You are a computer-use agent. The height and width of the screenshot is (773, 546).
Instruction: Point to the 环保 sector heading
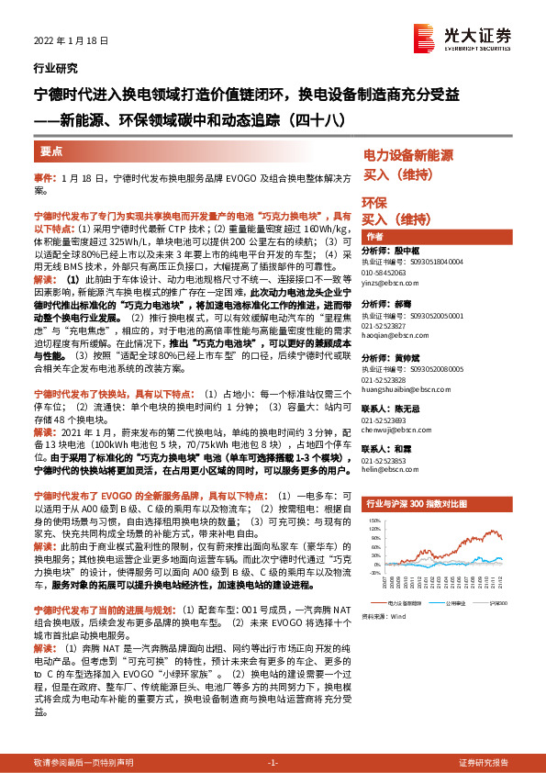pyautogui.click(x=373, y=202)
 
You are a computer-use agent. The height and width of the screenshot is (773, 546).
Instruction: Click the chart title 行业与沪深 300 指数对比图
pyautogui.click(x=420, y=504)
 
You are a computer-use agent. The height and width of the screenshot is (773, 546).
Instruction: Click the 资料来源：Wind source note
pyautogui.click(x=384, y=617)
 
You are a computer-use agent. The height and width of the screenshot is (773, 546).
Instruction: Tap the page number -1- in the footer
pyautogui.click(x=273, y=762)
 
